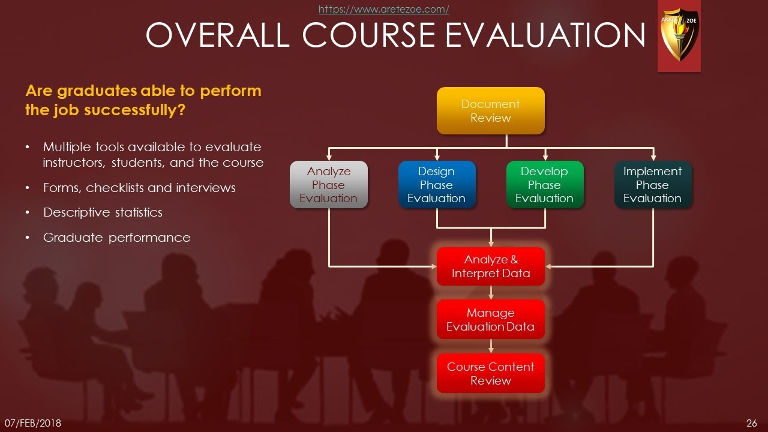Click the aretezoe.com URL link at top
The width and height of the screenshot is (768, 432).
coord(383,9)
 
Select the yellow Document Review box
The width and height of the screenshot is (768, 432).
coord(490,111)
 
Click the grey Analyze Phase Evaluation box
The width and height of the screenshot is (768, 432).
coord(328,185)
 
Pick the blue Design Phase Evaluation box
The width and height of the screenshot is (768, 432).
coord(436,185)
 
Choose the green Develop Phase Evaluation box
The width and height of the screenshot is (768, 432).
coord(544,185)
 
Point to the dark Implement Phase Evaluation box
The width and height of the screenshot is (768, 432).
coord(652,185)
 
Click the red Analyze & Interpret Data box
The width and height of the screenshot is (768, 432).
coord(490,266)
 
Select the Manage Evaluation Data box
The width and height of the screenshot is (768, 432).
coord(490,320)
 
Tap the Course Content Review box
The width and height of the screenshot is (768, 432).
coord(490,373)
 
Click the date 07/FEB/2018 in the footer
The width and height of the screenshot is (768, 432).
coord(33,423)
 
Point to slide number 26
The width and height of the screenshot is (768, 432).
coord(752,423)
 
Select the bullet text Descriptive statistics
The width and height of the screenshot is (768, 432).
coord(103,212)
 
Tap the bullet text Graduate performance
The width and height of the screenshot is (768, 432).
coord(116,238)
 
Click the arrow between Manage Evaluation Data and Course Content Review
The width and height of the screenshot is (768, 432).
coord(491,347)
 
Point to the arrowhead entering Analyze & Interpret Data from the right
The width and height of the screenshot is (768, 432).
coord(549,266)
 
